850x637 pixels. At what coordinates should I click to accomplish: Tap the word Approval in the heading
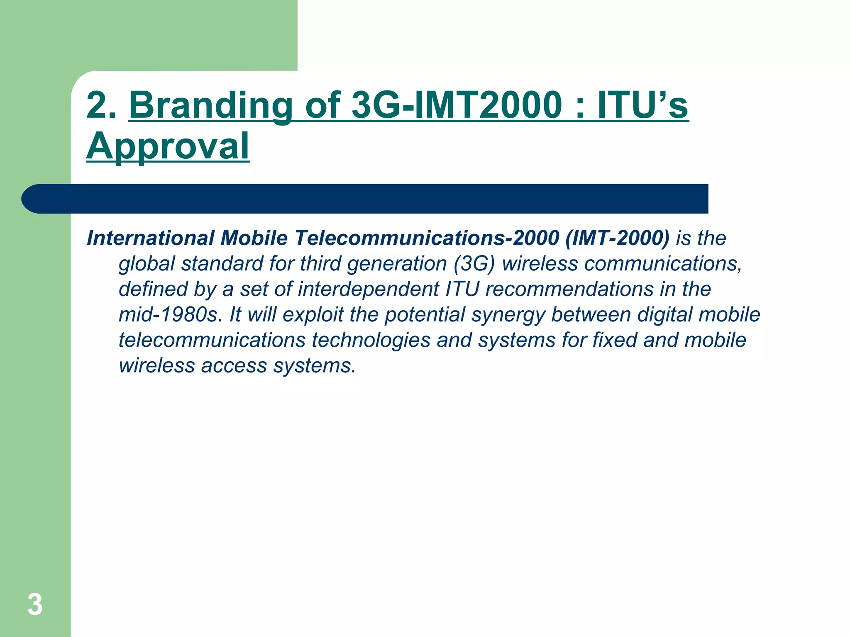[x=168, y=146]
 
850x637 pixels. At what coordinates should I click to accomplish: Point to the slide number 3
[x=35, y=605]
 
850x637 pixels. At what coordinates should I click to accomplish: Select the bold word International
[x=150, y=238]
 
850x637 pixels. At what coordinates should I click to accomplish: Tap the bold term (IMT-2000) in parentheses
[x=617, y=238]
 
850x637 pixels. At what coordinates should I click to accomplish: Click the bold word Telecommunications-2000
[x=427, y=238]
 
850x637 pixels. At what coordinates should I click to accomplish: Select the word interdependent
[x=369, y=289]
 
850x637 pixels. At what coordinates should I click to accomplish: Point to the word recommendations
[x=569, y=289]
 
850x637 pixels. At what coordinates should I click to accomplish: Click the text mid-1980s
[x=168, y=315]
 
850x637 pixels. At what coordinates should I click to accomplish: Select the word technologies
[x=371, y=340]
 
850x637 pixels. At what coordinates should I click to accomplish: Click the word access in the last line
[x=234, y=366]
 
